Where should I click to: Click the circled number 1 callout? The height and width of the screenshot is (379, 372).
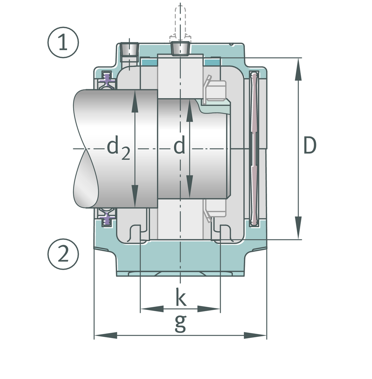pos(63,43)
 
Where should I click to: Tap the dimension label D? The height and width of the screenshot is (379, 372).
pos(309,146)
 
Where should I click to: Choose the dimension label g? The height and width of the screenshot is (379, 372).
pos(180,323)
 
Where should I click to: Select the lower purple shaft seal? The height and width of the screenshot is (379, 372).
pos(107,218)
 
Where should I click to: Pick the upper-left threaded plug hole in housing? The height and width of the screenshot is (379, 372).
pos(129,49)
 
